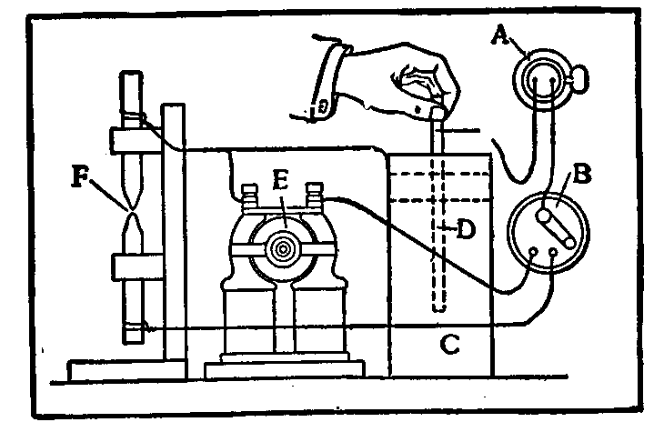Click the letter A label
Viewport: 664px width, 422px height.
498,35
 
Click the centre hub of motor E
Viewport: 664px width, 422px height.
282,246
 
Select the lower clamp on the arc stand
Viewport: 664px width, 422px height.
136,267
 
